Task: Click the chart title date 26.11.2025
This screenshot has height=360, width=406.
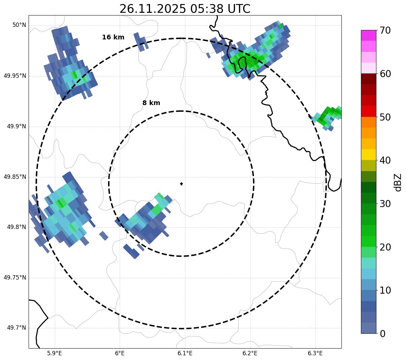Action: pos(152,9)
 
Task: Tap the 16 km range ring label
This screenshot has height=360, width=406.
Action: pos(113,37)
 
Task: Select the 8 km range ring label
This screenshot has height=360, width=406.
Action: pos(151,103)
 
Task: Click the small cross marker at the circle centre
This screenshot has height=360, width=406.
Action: pos(181,184)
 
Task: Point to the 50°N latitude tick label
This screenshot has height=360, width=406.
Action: pos(19,25)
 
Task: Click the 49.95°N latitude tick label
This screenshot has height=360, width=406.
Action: pos(15,76)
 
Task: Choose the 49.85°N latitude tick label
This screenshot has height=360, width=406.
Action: pos(15,177)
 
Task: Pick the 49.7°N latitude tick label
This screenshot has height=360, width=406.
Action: pos(16,328)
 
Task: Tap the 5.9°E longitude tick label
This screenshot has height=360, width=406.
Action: pos(54,353)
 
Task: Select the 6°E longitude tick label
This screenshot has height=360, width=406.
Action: pos(120,353)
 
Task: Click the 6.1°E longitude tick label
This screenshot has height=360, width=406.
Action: pos(185,353)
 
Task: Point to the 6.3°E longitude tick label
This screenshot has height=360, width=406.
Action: pos(315,353)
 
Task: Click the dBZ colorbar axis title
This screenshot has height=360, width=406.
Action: pos(398,182)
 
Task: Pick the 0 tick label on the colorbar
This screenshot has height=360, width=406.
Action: pos(382,334)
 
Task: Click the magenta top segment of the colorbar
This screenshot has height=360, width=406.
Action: pos(368,35)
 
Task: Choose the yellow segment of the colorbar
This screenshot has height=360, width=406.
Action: pos(368,155)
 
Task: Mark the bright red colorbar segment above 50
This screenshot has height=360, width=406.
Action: pos(368,111)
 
